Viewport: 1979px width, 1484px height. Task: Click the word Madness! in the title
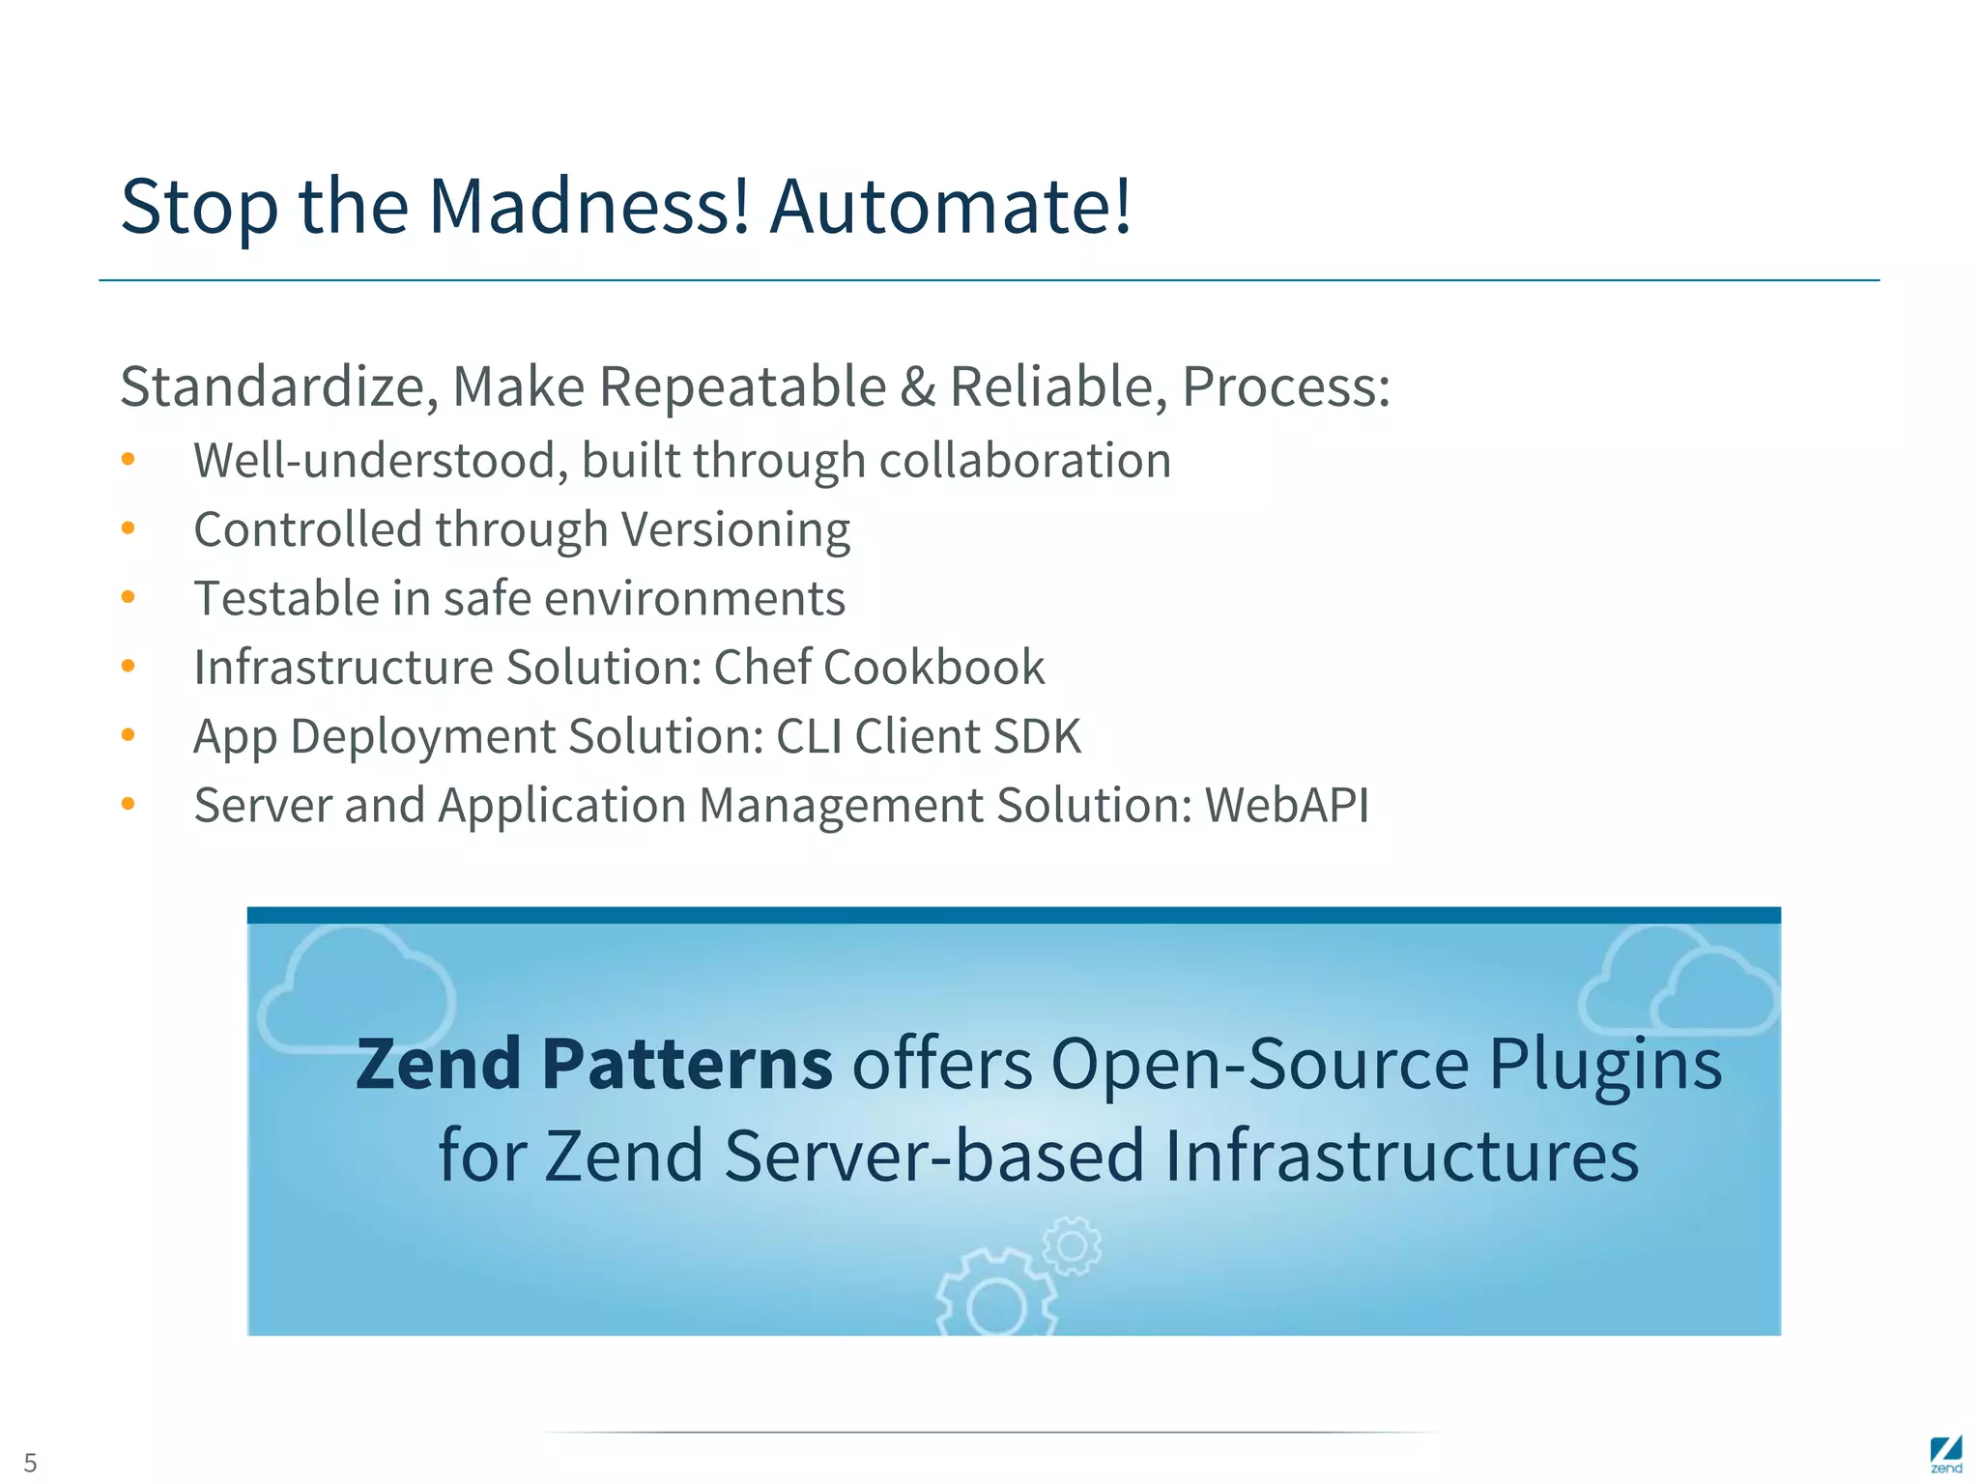point(589,206)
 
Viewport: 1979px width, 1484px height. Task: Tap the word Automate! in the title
point(950,206)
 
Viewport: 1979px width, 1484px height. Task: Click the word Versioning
point(735,529)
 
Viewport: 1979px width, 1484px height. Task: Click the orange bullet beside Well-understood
point(128,460)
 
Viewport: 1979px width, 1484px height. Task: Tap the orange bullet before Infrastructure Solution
point(128,667)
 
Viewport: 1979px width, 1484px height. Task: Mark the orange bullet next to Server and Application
point(128,804)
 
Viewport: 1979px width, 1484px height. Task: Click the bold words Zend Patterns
point(593,1064)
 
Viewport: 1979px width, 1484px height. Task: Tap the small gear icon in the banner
point(1072,1245)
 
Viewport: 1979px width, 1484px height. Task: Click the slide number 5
point(30,1462)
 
